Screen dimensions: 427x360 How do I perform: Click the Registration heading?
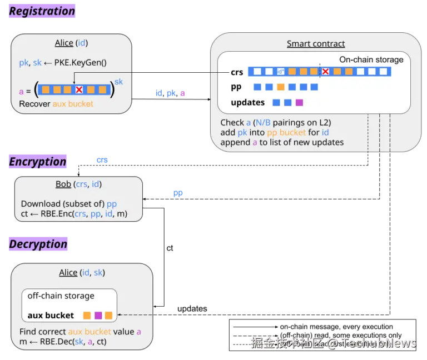pyautogui.click(x=42, y=11)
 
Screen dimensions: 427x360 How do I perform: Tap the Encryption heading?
pyautogui.click(x=38, y=162)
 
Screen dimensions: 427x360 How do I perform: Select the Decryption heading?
pyautogui.click(x=38, y=244)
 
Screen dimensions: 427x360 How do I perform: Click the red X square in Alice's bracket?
pyautogui.click(x=79, y=89)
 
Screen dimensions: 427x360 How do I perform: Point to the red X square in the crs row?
pyautogui.click(x=326, y=72)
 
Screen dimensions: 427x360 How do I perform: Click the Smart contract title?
pyautogui.click(x=315, y=44)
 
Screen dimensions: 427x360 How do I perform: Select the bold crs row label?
pyautogui.click(x=237, y=72)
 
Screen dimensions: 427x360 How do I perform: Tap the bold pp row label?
pyautogui.click(x=236, y=87)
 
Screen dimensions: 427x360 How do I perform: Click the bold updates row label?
pyautogui.click(x=247, y=102)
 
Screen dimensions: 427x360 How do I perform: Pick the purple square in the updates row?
pyautogui.click(x=299, y=102)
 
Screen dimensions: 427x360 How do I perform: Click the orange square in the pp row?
pyautogui.click(x=280, y=87)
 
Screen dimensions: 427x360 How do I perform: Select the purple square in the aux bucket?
pyautogui.click(x=98, y=316)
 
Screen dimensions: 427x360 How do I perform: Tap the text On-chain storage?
pyautogui.click(x=371, y=59)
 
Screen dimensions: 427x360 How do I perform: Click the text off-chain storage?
pyautogui.click(x=61, y=296)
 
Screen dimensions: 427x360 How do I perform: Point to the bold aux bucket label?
pyautogui.click(x=51, y=316)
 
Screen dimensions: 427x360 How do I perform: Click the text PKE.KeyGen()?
pyautogui.click(x=80, y=63)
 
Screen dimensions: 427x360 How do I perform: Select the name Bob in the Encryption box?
pyautogui.click(x=63, y=184)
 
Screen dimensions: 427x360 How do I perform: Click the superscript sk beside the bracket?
pyautogui.click(x=118, y=82)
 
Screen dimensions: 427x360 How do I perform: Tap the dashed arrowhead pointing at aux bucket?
pyautogui.click(x=120, y=314)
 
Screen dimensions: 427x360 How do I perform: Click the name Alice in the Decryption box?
pyautogui.click(x=68, y=272)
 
